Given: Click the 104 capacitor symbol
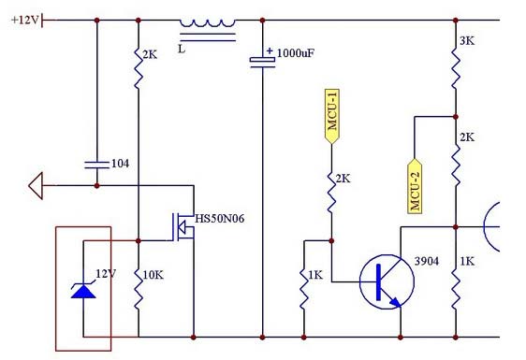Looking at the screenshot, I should (x=97, y=164).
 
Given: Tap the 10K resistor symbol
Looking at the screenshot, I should (x=138, y=287).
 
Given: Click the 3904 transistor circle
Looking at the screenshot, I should (x=387, y=280).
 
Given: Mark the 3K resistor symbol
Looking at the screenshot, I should (x=456, y=66).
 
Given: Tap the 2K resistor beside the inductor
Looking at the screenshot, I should (x=138, y=70).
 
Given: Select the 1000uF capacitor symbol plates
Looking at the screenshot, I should (x=261, y=63).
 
